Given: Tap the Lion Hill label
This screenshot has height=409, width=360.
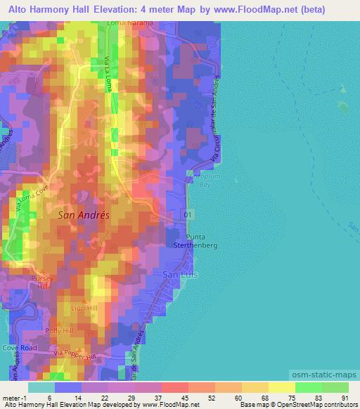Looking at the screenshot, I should pyautogui.click(x=83, y=308).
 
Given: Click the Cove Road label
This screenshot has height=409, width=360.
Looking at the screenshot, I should pyautogui.click(x=18, y=347).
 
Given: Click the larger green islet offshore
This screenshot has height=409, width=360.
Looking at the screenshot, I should pyautogui.click(x=344, y=107).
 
